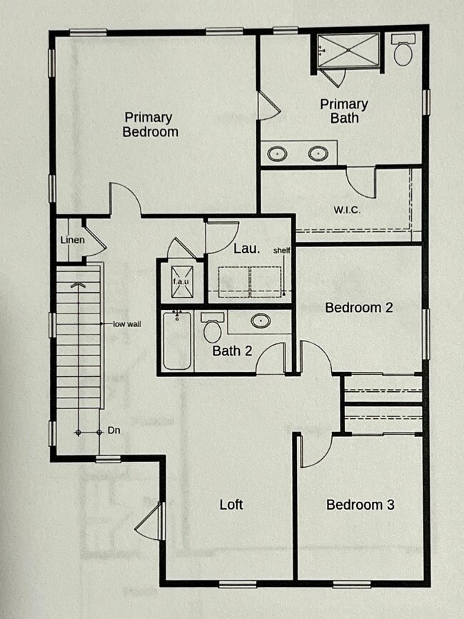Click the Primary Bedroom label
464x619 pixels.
150,124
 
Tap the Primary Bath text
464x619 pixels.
343,111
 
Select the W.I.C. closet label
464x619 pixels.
346,211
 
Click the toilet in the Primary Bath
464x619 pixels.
403,52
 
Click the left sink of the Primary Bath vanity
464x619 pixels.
277,153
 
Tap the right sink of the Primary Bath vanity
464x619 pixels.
318,153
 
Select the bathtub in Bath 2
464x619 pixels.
176,341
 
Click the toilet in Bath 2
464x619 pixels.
212,328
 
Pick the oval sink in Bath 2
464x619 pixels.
262,321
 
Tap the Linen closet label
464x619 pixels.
72,240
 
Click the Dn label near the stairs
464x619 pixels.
113,431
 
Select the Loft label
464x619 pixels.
231,505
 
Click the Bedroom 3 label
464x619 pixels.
360,505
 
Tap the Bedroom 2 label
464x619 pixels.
358,308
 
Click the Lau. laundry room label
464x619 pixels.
246,249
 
